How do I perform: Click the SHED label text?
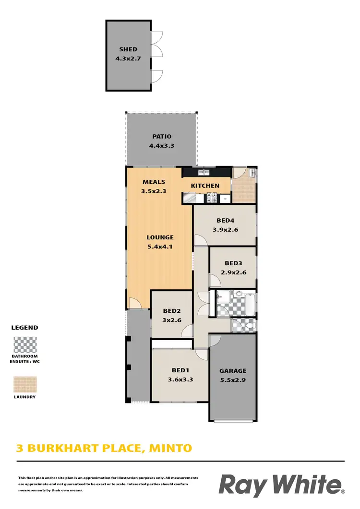128,49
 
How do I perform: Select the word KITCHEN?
205,186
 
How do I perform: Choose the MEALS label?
154,182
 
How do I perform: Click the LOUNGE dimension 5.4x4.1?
160,247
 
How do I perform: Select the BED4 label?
225,221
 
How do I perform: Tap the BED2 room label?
171,311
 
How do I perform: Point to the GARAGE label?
233,370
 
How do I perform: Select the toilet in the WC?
249,326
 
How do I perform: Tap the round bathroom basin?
239,293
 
